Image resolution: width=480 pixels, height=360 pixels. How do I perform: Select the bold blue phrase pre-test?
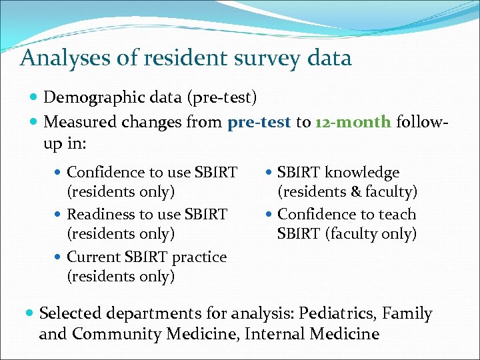(x=259, y=123)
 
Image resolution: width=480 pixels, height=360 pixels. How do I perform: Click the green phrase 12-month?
(x=353, y=123)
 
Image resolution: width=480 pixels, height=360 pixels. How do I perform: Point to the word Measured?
(x=79, y=123)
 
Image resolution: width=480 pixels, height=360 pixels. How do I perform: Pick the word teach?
(x=396, y=215)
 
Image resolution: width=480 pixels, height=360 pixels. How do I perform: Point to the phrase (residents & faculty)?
(x=347, y=193)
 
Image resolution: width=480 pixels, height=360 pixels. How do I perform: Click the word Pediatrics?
(x=337, y=313)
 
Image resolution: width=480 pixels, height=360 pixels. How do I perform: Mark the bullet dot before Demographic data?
(x=34, y=99)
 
